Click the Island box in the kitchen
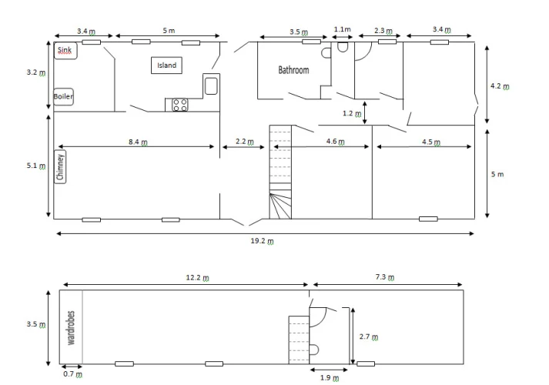tap(166, 65)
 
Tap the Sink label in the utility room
tap(65, 50)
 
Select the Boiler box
tap(63, 96)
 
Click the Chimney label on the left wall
tap(61, 167)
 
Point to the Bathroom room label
tap(293, 70)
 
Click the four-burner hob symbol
tap(179, 105)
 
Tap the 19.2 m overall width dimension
tap(263, 241)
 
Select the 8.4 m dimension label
tap(138, 142)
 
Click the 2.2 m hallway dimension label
tap(245, 142)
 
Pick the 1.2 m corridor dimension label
tap(352, 113)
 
